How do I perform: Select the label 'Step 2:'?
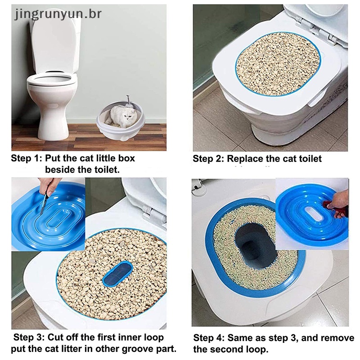[x=208, y=159]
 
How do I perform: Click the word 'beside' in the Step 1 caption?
[x=60, y=170]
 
